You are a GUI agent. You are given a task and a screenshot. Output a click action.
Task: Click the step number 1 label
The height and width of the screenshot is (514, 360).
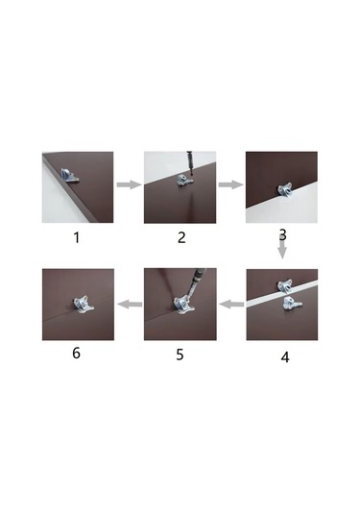coord(77,237)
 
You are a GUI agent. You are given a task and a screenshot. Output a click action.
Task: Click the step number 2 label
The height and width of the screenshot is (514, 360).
coord(181,237)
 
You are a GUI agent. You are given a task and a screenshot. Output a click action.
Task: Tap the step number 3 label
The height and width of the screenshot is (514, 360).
coord(282,234)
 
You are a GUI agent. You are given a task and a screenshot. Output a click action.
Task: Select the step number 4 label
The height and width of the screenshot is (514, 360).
coord(285,357)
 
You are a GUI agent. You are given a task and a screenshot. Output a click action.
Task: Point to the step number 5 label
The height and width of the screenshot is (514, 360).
coord(180,355)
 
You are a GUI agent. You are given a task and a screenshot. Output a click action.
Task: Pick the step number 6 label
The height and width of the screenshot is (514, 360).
coord(76,353)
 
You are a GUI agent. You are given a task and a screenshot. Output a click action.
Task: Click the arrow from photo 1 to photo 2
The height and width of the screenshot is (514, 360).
coord(129,184)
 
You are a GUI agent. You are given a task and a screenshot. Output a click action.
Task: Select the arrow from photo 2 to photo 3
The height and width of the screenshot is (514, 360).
coord(231,184)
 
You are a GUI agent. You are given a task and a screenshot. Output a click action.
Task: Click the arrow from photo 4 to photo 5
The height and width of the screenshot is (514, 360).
coord(231,305)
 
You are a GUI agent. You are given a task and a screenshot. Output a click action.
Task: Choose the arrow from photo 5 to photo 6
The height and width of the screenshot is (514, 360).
coord(130,305)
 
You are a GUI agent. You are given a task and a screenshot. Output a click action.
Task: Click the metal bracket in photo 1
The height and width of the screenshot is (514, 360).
coord(69,176)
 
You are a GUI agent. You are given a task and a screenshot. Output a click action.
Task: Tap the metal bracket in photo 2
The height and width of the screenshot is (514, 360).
coord(183,181)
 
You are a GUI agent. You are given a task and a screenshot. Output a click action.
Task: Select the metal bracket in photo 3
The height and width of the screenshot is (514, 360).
coord(285,189)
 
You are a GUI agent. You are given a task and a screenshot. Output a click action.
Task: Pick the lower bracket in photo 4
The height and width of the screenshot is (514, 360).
coord(292,303)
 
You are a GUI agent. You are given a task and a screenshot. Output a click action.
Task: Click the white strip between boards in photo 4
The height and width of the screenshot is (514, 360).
coord(281,294)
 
